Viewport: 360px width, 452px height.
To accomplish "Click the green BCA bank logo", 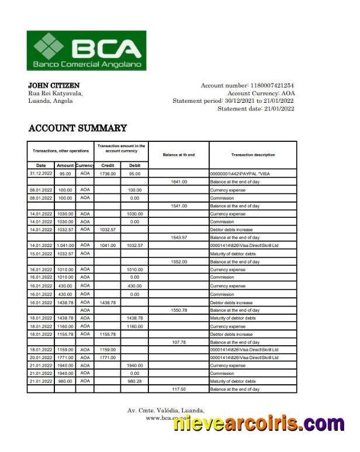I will [x=86, y=50].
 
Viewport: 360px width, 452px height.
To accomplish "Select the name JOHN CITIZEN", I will [x=54, y=86].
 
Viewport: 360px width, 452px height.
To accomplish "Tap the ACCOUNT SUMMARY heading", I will [x=78, y=128].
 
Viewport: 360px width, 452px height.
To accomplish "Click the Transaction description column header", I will [x=252, y=155].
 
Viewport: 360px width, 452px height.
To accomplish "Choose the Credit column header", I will [x=108, y=165].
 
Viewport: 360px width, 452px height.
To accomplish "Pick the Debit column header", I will [x=134, y=165].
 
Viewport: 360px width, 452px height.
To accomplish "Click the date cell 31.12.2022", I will [x=41, y=173].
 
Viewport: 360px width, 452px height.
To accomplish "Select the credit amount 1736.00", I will [x=108, y=173].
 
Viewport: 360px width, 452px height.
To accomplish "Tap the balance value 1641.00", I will [x=179, y=182].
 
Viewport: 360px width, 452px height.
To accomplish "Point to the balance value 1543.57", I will [x=179, y=238].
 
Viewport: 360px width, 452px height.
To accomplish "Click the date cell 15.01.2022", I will [x=41, y=253].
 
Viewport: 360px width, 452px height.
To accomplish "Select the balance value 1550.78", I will [x=179, y=310].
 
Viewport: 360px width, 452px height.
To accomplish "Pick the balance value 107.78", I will [x=179, y=342].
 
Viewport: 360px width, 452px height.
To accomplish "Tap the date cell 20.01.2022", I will [x=41, y=357].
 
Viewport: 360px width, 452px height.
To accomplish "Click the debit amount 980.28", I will [x=134, y=381].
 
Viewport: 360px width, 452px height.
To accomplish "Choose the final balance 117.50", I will [x=179, y=389].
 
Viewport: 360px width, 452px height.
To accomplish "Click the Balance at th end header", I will [x=179, y=155].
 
